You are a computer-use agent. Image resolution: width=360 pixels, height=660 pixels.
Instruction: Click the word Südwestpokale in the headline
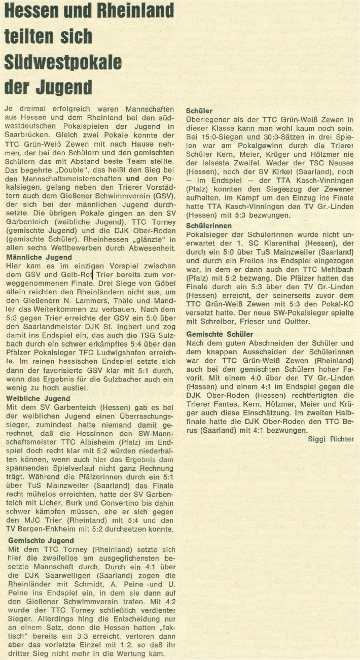pos(63,62)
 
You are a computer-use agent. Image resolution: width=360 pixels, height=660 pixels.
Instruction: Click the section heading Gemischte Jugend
pos(41,540)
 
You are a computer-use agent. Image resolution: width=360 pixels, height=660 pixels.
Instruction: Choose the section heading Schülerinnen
pos(209,225)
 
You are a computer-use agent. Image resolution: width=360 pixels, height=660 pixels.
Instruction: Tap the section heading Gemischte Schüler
pos(220,334)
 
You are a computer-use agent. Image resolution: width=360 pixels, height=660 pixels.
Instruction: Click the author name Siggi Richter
pos(331,439)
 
